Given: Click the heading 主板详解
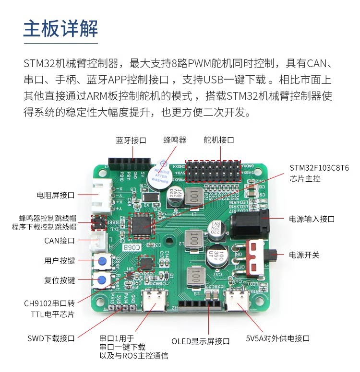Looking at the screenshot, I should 60,28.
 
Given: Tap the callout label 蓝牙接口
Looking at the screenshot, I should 131,140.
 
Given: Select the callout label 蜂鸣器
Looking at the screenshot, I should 175,140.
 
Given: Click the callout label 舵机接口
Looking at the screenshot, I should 219,140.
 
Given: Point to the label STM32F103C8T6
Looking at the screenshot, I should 319,168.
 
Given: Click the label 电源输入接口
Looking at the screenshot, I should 312,219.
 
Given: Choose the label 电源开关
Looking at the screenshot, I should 304,255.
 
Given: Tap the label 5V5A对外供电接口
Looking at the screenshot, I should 277,338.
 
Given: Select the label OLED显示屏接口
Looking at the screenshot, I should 201,341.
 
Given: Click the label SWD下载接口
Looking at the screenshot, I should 51,338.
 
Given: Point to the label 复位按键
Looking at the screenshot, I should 60,280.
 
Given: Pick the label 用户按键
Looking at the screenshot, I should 60,261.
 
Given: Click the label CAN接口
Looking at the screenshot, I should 60,241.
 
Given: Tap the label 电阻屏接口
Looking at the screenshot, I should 56,195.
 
